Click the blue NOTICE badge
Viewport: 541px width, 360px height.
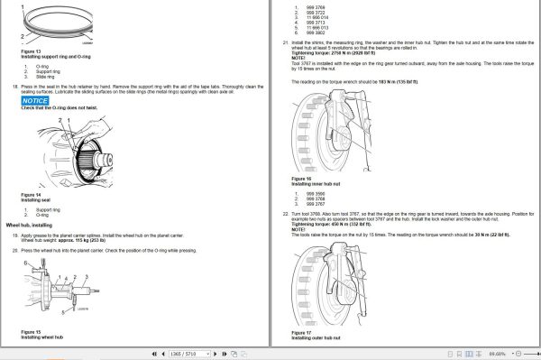(x=36, y=101)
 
